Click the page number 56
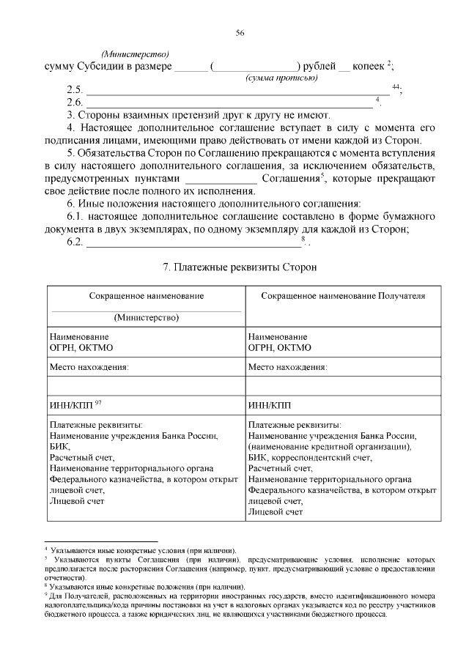[x=240, y=33]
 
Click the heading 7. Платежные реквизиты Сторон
[x=239, y=267]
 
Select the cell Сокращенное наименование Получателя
[x=344, y=295]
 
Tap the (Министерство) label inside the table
[x=146, y=318]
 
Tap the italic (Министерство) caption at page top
[x=136, y=54]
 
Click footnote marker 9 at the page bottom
[x=46, y=596]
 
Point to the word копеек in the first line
[x=369, y=67]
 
